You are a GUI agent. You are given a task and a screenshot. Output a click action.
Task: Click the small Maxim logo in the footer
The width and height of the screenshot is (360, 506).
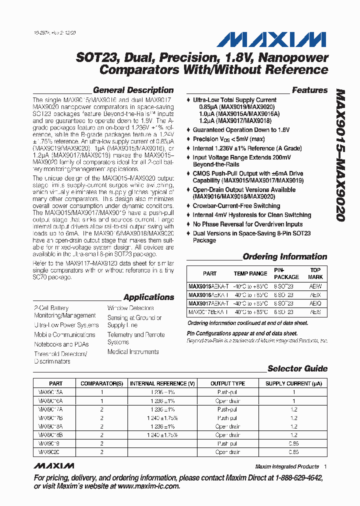(52, 466)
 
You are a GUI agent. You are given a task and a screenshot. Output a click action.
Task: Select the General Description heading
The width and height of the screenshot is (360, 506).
(133, 90)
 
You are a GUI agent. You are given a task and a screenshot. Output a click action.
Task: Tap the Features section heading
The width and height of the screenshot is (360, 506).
(309, 90)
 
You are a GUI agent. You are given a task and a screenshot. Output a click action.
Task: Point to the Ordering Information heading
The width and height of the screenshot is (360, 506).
(284, 257)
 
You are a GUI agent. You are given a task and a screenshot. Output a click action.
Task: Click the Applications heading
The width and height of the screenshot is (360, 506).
(148, 297)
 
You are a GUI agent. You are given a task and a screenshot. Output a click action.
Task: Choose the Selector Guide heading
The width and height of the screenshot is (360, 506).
(297, 369)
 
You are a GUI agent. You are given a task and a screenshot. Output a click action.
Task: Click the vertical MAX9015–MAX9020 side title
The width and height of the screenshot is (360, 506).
(340, 155)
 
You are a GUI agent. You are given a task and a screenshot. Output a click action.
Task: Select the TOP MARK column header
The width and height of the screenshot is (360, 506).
(315, 273)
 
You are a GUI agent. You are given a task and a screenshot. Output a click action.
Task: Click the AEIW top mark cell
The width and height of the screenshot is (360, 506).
(315, 287)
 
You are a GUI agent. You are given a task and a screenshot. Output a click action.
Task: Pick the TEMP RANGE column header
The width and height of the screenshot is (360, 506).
(250, 273)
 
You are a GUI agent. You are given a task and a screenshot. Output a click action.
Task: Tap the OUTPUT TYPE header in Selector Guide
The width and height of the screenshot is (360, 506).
(227, 383)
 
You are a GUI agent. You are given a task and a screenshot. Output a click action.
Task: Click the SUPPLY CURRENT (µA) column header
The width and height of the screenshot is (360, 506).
(293, 383)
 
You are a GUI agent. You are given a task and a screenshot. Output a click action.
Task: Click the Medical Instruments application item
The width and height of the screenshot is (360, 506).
(133, 352)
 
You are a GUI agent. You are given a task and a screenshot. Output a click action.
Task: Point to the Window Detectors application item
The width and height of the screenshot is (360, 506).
(130, 308)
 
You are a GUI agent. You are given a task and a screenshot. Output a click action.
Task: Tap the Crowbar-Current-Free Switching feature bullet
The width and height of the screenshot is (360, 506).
(236, 206)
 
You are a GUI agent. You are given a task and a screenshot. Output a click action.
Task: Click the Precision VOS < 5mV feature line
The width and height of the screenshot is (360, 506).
(228, 139)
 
